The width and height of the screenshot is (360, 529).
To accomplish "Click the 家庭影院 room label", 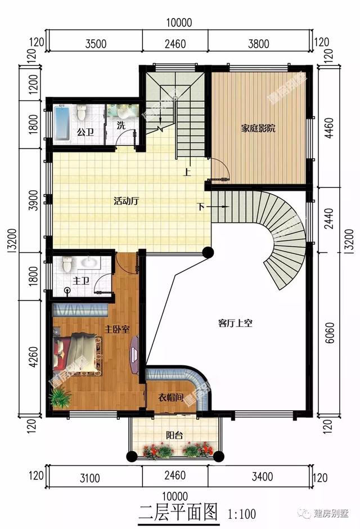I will tap(258, 129).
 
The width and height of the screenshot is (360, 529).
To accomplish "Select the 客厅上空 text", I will tap(235, 323).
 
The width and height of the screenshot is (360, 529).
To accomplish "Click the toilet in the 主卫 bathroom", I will tap(67, 263).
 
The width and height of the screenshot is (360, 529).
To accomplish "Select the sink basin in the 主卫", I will tap(90, 262).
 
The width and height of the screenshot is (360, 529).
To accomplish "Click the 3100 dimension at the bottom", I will tap(89, 478).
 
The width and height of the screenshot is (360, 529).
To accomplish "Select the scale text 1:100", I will tap(242, 513).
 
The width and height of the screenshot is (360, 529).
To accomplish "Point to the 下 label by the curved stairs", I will tap(201, 207).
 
